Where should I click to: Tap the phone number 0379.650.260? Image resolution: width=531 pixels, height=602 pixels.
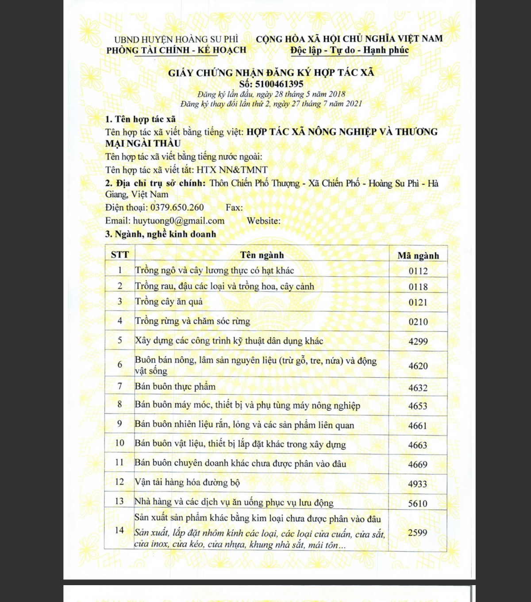(177, 207)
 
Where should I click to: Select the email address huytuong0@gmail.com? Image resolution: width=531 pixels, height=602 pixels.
(179, 221)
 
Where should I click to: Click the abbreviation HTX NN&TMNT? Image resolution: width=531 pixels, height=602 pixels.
(232, 170)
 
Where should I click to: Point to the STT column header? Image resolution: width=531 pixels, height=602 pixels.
(120, 255)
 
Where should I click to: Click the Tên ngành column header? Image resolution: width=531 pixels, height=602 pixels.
(262, 255)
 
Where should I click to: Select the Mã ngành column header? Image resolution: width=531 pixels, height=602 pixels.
(418, 256)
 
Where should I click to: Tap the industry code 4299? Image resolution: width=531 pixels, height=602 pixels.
(418, 342)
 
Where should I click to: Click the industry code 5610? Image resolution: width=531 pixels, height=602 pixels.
(418, 503)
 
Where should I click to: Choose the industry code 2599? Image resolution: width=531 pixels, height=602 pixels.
(418, 533)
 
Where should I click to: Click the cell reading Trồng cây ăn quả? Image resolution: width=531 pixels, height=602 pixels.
(169, 302)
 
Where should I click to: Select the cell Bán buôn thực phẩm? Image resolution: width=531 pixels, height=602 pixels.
(175, 386)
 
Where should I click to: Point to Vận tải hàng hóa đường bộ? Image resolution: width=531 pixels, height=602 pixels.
(187, 482)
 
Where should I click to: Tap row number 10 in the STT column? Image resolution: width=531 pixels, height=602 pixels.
(119, 443)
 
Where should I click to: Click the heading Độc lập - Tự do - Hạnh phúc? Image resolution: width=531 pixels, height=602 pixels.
(350, 50)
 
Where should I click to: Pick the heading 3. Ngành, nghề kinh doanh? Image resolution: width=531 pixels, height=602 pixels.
(161, 234)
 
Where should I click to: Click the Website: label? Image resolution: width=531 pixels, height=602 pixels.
(264, 221)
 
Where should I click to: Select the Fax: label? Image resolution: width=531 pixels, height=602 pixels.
(234, 207)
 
